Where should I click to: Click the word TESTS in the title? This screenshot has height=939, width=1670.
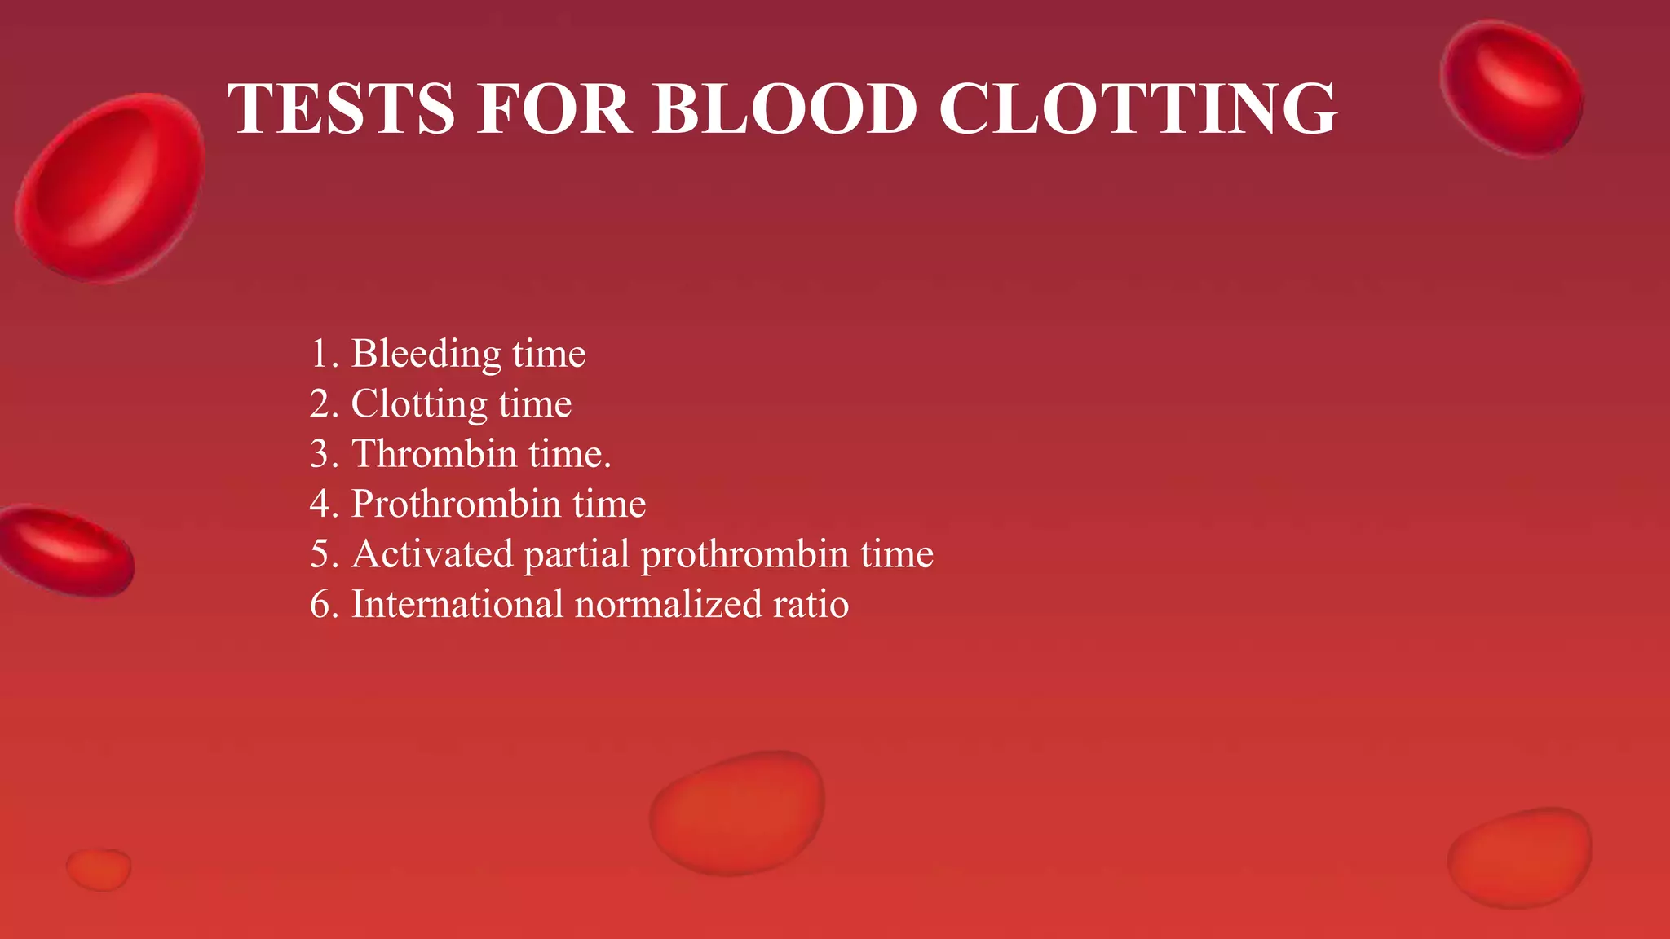click(341, 108)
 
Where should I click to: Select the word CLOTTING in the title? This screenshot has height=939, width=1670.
click(1138, 108)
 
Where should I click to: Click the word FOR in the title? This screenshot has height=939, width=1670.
click(554, 108)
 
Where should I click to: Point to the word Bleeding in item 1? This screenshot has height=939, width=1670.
click(426, 355)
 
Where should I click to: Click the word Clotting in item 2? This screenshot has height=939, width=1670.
click(418, 404)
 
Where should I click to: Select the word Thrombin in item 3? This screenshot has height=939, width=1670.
click(434, 454)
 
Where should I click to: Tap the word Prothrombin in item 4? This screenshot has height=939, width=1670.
click(456, 504)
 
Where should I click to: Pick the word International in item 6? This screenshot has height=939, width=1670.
click(457, 605)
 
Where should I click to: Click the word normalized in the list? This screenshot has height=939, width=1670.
click(668, 605)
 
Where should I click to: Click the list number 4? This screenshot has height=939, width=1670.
click(320, 504)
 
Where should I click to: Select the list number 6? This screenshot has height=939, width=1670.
click(320, 605)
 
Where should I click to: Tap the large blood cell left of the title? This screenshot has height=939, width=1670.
click(110, 187)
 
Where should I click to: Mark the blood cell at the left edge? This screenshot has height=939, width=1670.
click(65, 551)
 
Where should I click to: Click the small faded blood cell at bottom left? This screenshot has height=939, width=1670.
click(99, 869)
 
